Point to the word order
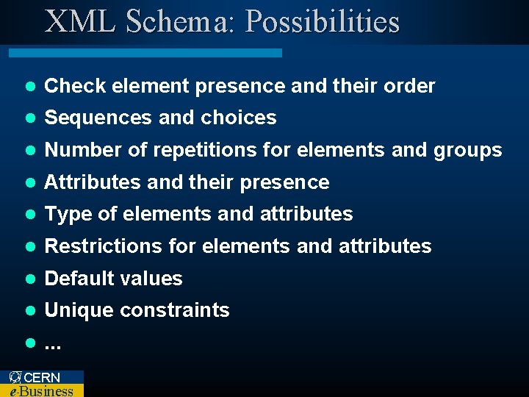[409, 86]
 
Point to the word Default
[75, 278]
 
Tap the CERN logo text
[41, 377]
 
